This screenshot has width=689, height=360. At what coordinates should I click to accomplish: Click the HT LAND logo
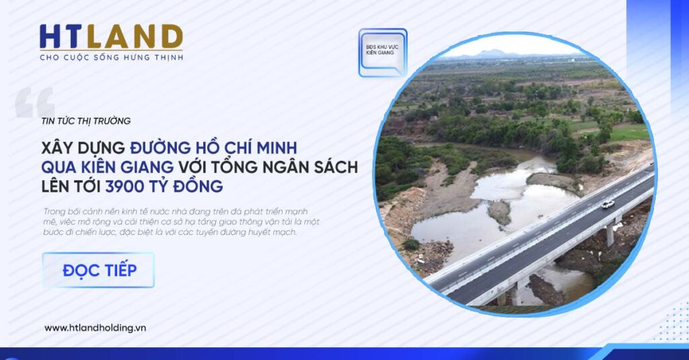click(x=111, y=42)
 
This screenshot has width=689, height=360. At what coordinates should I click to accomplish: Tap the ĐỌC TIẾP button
click(x=98, y=270)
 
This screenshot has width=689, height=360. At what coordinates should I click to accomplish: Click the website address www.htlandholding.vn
click(x=95, y=328)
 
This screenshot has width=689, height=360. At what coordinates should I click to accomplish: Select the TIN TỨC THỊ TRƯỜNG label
click(x=86, y=121)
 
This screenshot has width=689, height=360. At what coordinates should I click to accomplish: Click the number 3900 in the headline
click(x=124, y=186)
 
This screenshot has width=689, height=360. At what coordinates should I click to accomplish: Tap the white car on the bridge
click(x=608, y=204)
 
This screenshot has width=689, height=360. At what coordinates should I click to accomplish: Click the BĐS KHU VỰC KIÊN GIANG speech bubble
click(x=383, y=52)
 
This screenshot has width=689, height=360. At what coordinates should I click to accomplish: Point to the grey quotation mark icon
click(x=35, y=102)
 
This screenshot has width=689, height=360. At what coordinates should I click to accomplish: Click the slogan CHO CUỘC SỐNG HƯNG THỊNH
click(x=111, y=58)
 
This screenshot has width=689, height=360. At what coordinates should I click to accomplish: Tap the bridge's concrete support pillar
click(x=610, y=234)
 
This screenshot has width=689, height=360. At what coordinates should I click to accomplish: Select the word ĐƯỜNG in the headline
click(x=160, y=147)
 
